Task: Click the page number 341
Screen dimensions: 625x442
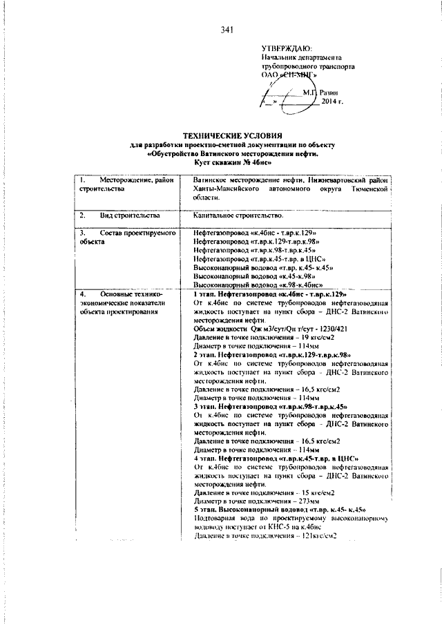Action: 228,30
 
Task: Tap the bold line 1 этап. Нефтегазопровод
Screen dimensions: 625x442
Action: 269,295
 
